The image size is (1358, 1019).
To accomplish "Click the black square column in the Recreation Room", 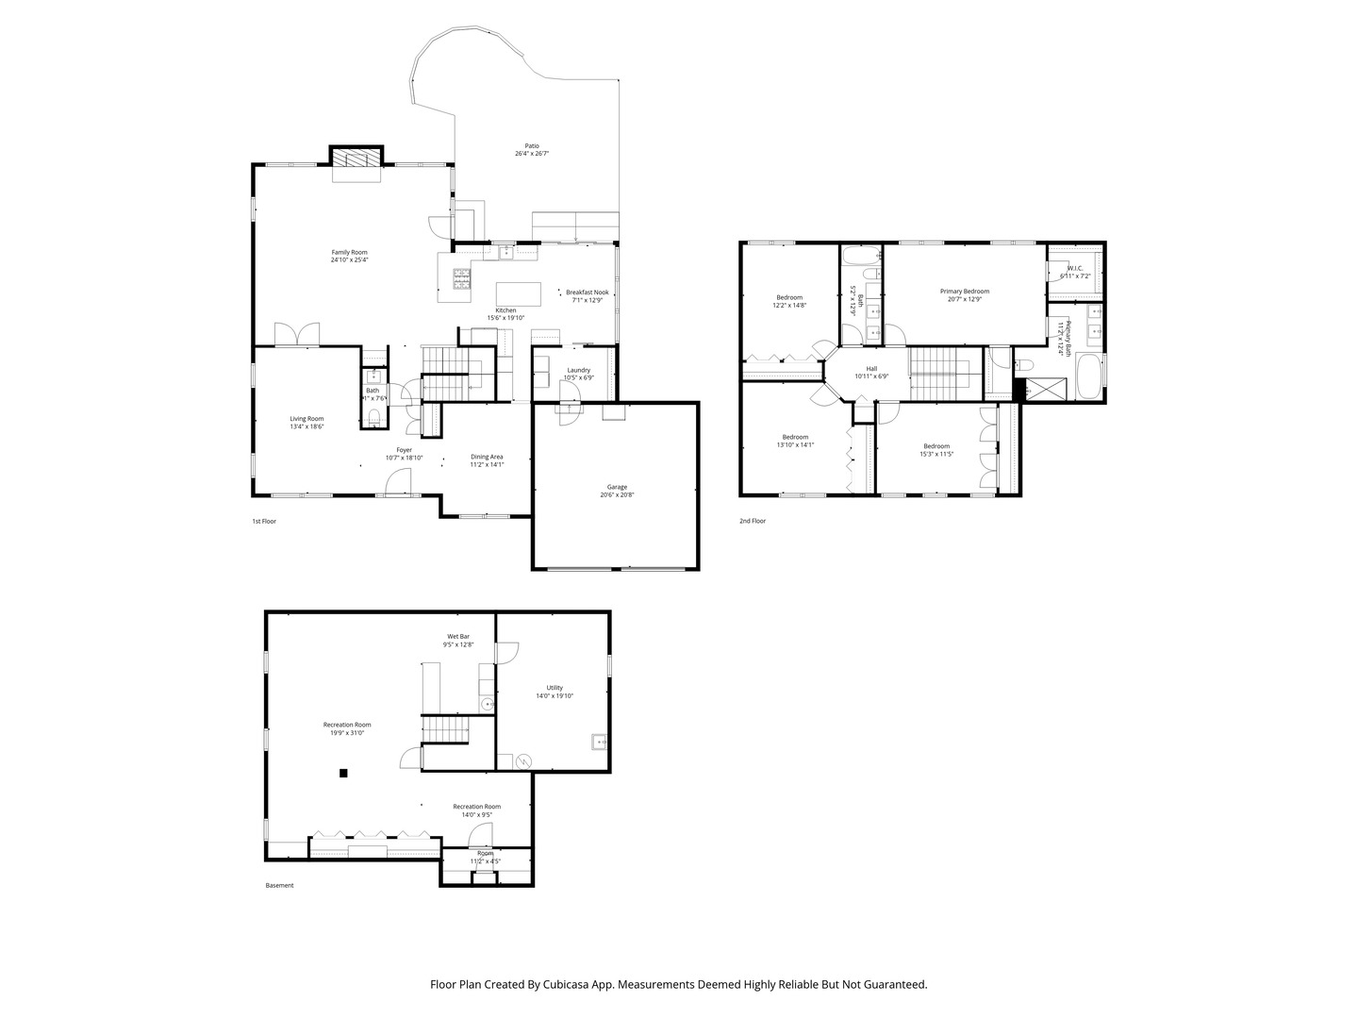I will pos(343,774).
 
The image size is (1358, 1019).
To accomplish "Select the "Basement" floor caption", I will pos(279,885).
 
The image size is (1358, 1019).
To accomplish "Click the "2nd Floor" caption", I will pos(753,521).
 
